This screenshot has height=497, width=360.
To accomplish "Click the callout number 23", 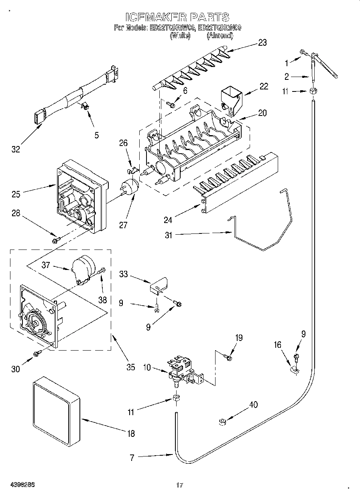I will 262,43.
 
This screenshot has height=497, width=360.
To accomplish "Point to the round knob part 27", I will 130,187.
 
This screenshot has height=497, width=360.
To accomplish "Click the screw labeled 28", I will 56,240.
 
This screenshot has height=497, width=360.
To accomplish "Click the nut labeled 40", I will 222,422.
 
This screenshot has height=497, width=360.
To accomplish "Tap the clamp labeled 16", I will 294,369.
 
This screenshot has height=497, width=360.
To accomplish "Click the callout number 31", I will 169,235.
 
